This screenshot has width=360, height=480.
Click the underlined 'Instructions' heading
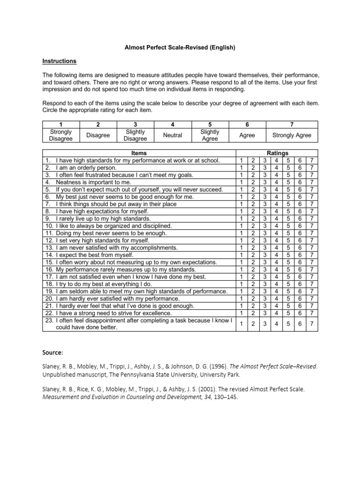pos(60,61)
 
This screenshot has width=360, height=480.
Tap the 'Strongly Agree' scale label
pos(292,135)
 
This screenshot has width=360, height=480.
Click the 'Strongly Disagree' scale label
pos(61,135)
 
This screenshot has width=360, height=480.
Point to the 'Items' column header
pos(139,153)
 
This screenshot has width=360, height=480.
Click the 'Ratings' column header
pos(277,153)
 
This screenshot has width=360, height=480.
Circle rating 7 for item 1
pos(312,160)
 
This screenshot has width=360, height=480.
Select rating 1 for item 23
pos(241,324)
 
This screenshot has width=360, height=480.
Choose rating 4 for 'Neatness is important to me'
pos(277,182)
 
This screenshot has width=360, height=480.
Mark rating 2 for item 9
pos(253,218)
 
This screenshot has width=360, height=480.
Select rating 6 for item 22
pos(300,313)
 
